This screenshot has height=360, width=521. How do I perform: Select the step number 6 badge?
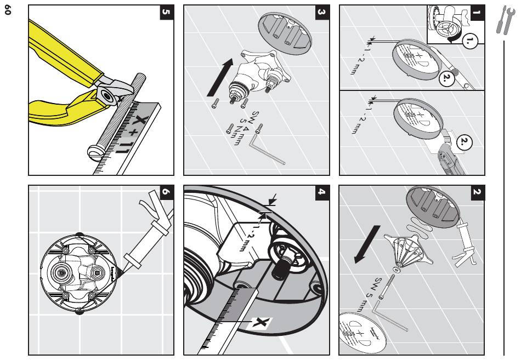click(x=167, y=193)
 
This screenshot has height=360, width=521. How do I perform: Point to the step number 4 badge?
click(x=322, y=193)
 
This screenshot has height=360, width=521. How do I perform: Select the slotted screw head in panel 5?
click(x=95, y=151)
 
